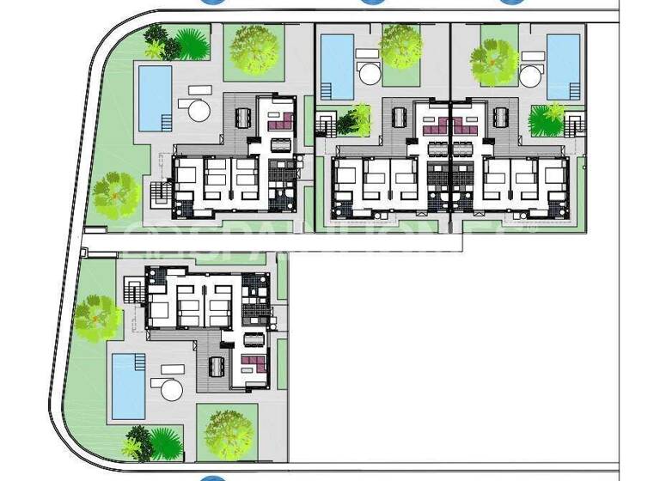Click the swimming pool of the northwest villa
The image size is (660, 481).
pos(155,98)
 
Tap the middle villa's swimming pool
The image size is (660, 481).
pos(337,66)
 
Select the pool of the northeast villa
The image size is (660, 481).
pos(563,66)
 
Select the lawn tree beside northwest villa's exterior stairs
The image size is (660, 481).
pos(115,194)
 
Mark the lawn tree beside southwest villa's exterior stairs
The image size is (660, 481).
pos(96,316)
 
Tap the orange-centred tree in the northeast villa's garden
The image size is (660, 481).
pos(493,58)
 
